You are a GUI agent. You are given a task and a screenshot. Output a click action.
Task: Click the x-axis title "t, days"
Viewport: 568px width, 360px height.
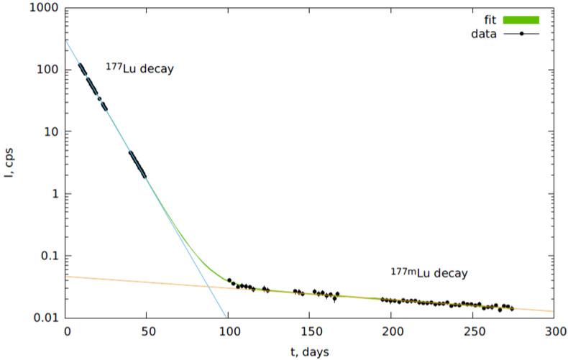point(311,351)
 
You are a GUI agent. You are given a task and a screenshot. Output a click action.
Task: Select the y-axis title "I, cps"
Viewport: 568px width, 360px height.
point(10,163)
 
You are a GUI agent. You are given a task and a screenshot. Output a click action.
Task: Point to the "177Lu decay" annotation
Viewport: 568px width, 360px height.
point(139,70)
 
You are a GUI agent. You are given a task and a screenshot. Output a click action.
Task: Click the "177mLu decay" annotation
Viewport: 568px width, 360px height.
point(429,273)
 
